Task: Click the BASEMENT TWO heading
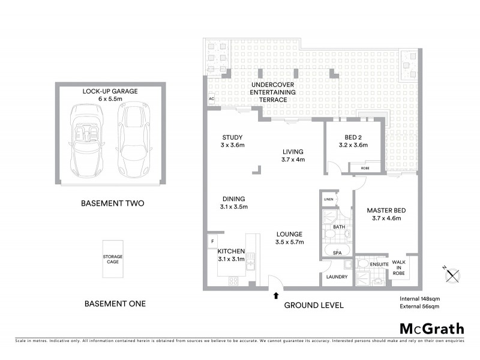tap(112, 203)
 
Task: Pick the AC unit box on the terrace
tap(211, 98)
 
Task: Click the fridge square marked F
tap(212, 242)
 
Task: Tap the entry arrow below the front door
tap(276, 295)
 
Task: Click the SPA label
tap(337, 253)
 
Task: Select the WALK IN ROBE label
tap(399, 268)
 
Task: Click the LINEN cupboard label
tap(328, 199)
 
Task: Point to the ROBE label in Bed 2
tap(365, 168)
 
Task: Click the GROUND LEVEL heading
tap(314, 305)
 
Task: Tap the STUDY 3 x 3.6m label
tap(233, 140)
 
